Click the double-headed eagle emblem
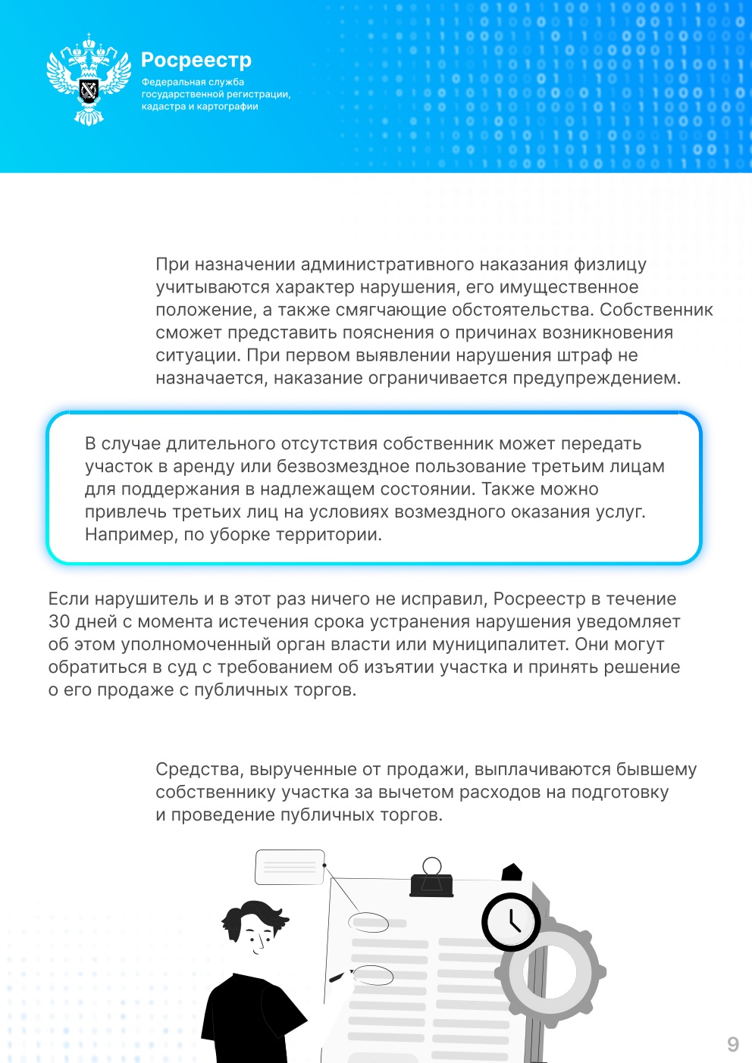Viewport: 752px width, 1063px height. point(89,80)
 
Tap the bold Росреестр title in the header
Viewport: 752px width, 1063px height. point(196,60)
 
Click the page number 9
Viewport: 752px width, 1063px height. point(732,1044)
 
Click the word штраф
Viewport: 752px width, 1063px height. point(584,355)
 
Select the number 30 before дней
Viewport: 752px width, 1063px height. point(59,622)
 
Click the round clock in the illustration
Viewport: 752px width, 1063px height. point(511,922)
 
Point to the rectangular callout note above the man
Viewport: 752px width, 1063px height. point(290,867)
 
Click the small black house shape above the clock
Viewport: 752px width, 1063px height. point(512,872)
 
